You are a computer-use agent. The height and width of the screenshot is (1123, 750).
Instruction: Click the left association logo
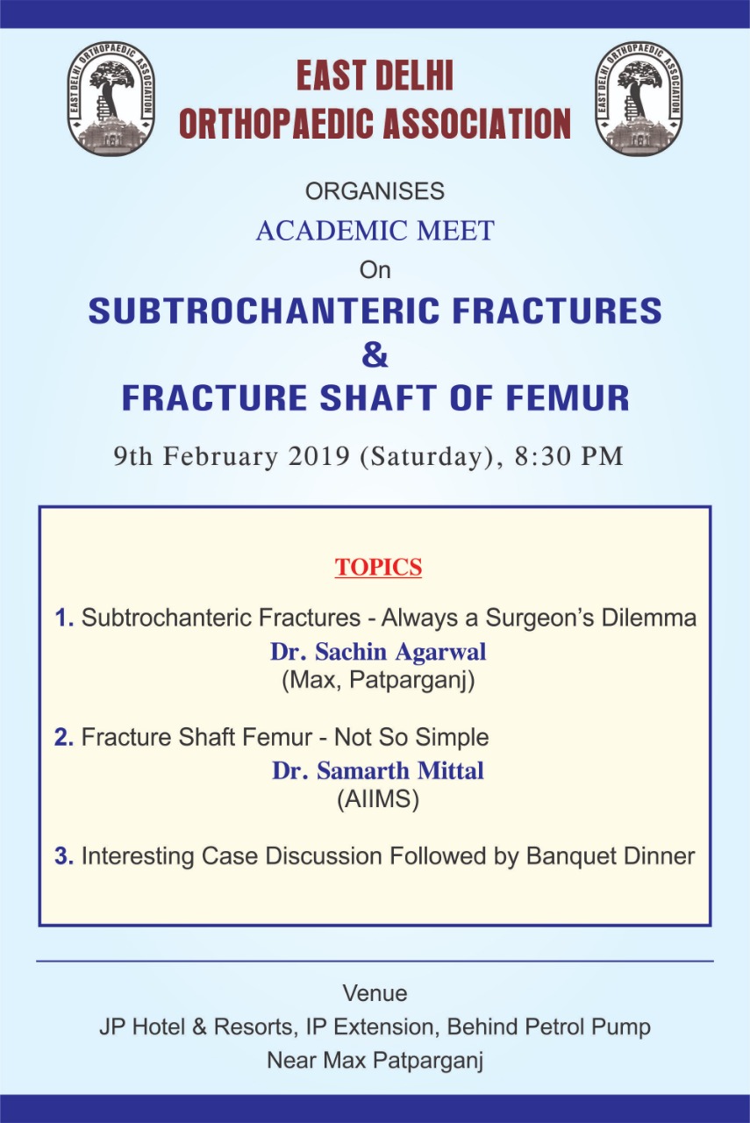(111, 97)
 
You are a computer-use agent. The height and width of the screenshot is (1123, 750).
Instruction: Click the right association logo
(639, 97)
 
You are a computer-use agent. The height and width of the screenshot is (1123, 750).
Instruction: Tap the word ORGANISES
(375, 191)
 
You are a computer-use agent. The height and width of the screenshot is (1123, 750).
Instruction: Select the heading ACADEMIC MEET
(375, 231)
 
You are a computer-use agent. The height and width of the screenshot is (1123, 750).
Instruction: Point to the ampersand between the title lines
(375, 354)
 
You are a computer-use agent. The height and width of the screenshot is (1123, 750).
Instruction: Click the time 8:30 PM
(569, 457)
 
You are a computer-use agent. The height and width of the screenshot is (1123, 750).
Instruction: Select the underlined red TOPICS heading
(379, 567)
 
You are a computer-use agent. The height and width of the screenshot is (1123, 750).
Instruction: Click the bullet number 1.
(64, 618)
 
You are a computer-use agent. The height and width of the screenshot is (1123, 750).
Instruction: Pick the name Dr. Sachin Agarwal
(379, 652)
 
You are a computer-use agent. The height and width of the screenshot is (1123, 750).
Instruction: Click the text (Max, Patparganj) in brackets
(379, 680)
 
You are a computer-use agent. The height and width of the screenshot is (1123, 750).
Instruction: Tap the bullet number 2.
(64, 737)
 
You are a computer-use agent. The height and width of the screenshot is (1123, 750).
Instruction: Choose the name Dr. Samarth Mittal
(378, 770)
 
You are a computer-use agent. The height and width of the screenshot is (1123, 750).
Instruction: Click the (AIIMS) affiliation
(378, 799)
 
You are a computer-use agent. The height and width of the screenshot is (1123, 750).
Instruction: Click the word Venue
(375, 993)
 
